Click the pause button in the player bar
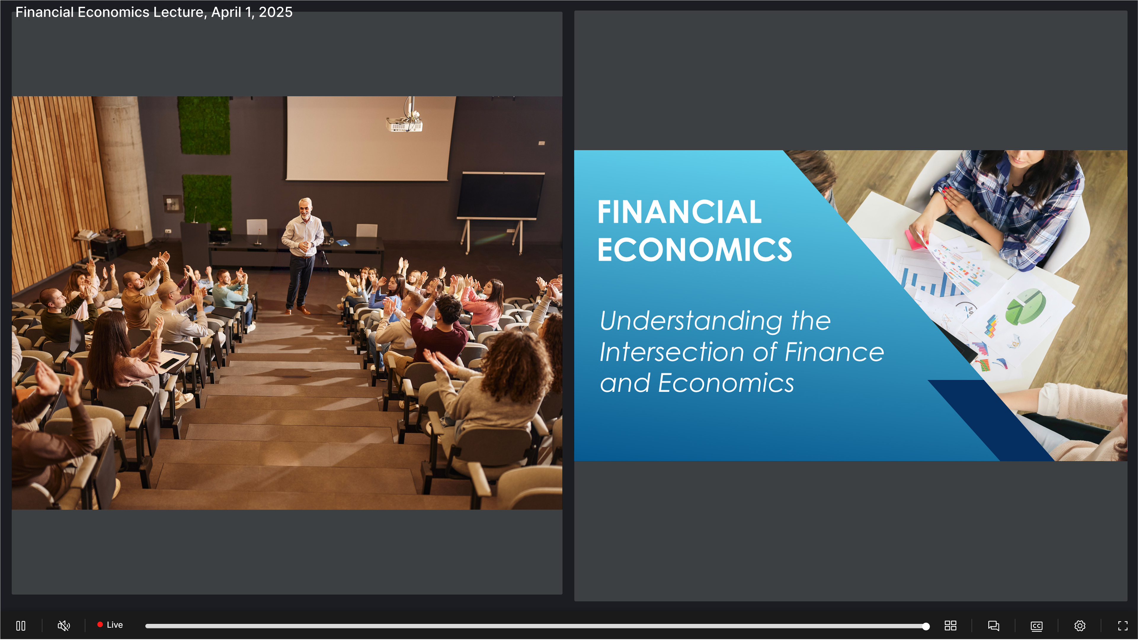tap(21, 625)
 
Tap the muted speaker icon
tap(64, 625)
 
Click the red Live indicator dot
tap(100, 625)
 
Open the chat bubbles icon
tap(993, 625)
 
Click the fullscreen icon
tap(1123, 625)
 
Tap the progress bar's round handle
tap(926, 626)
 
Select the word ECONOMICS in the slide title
tap(694, 250)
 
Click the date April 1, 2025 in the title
tap(252, 12)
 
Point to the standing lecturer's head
tap(305, 208)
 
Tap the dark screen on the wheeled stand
tap(500, 195)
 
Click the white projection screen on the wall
tap(370, 138)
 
